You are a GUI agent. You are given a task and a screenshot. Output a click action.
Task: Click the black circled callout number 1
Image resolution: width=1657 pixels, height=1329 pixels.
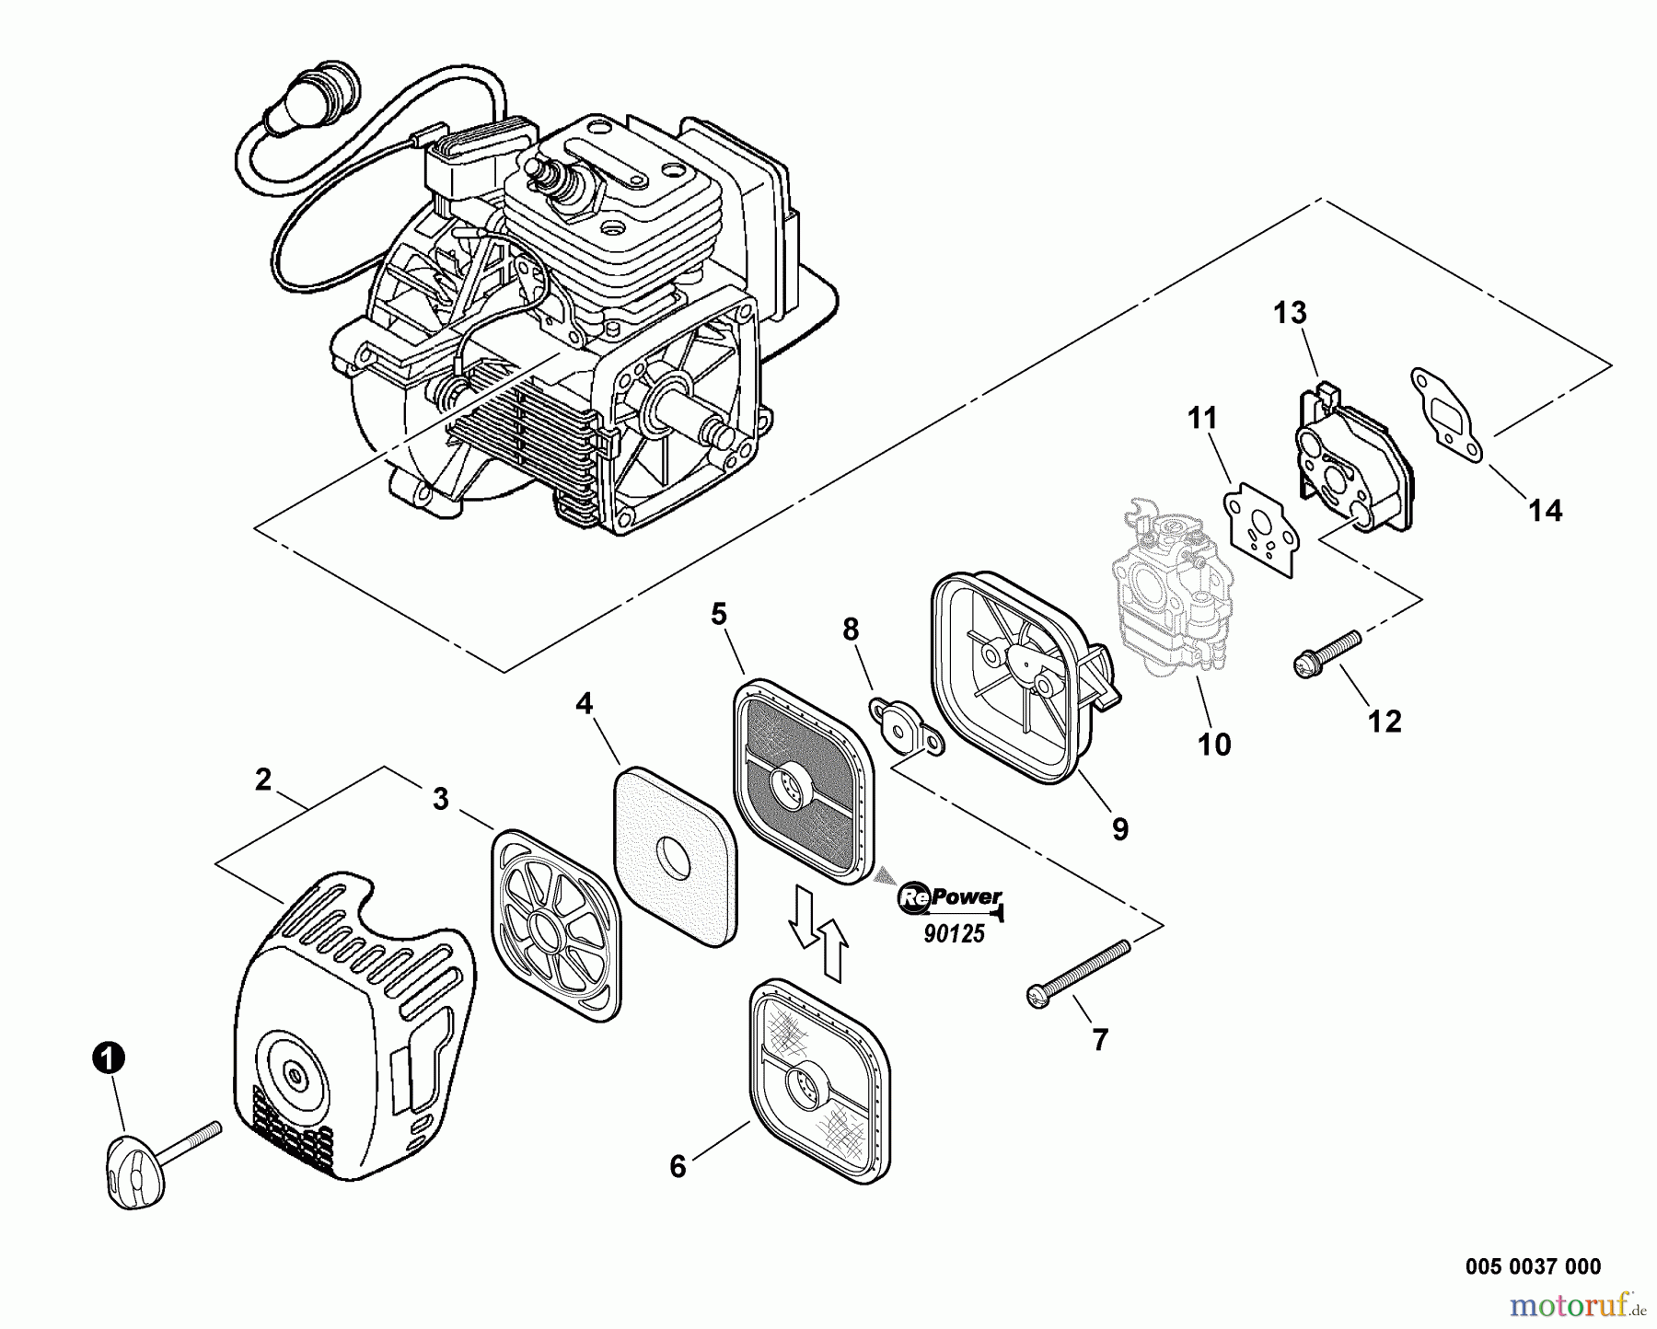tap(109, 1058)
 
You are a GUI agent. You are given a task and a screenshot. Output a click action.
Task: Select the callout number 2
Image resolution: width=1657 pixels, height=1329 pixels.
tap(263, 780)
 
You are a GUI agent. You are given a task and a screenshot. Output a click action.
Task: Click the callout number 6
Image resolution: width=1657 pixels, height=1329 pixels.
tap(678, 1167)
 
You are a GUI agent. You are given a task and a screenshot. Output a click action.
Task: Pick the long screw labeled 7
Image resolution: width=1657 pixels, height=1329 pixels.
tap(1078, 969)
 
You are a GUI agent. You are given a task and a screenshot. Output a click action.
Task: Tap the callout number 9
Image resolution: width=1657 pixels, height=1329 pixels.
tap(1119, 829)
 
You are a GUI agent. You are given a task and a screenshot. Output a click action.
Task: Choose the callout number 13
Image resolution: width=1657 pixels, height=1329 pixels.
tap(1290, 313)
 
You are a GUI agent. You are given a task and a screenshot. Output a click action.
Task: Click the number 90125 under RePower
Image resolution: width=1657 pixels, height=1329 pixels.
tap(954, 934)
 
